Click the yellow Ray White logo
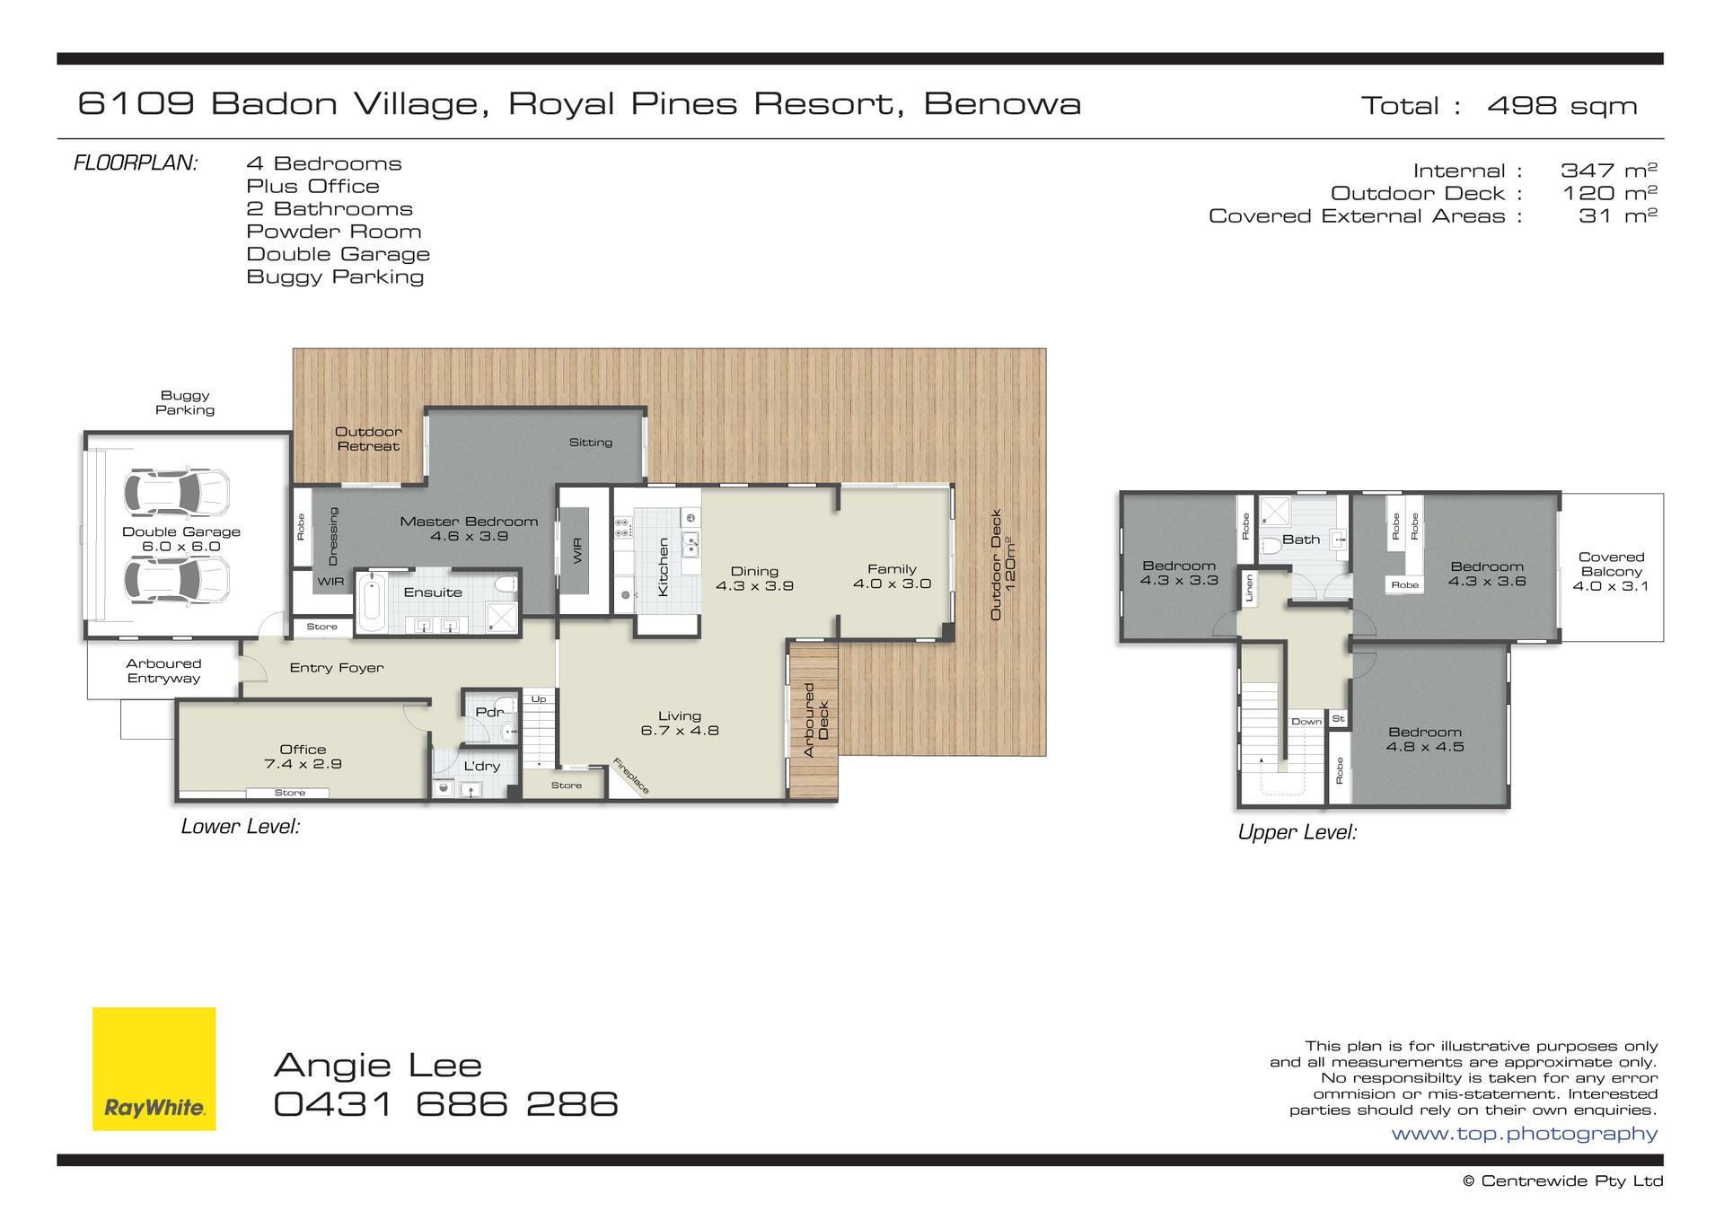click(x=154, y=1068)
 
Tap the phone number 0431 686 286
click(x=445, y=1104)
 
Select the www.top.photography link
click(x=1524, y=1134)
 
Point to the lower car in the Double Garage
click(x=177, y=580)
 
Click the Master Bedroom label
click(x=469, y=529)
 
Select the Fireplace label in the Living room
click(x=630, y=776)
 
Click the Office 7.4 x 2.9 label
click(x=303, y=757)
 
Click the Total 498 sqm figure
click(x=1499, y=106)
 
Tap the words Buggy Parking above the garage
click(x=185, y=402)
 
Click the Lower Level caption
click(x=241, y=827)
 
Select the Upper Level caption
click(x=1297, y=832)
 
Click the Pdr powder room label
click(x=489, y=712)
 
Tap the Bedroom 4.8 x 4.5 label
click(x=1425, y=740)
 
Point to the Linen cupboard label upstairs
click(x=1248, y=588)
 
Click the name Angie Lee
click(x=378, y=1066)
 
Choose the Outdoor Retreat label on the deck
click(x=368, y=439)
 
